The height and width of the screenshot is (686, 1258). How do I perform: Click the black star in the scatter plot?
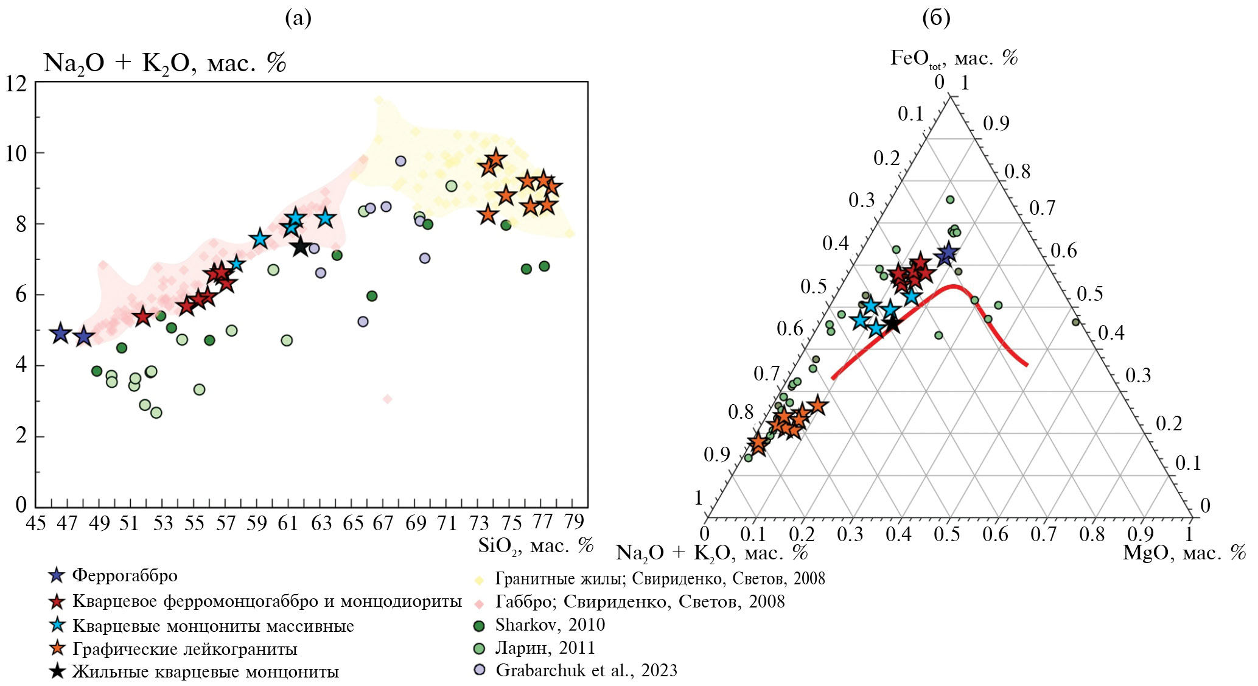[301, 247]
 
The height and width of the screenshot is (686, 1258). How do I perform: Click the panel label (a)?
[298, 19]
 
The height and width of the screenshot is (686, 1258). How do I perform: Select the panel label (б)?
[936, 19]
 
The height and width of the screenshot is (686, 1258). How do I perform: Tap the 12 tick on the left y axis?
[16, 84]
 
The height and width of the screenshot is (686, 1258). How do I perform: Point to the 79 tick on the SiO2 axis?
[573, 522]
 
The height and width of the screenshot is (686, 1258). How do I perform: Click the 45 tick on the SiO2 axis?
[36, 523]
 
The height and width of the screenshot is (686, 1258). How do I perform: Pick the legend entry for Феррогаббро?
[125, 575]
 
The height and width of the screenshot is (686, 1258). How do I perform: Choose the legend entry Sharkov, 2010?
[550, 625]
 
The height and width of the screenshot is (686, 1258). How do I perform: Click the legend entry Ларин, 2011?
[545, 648]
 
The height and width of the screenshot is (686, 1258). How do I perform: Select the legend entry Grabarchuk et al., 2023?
[586, 670]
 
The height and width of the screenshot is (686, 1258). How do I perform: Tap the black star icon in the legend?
[57, 671]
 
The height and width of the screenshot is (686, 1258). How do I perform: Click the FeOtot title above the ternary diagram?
[953, 58]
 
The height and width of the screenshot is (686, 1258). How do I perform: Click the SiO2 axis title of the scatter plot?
[536, 545]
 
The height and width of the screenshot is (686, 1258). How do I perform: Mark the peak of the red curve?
[954, 285]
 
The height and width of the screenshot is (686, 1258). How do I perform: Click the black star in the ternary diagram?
[892, 324]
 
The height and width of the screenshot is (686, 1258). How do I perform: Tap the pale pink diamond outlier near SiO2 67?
[387, 399]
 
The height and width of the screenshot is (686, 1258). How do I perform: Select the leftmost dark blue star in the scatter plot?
[60, 333]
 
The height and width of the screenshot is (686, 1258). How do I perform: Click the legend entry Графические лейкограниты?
[184, 649]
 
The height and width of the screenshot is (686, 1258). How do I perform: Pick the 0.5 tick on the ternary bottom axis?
[947, 534]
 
